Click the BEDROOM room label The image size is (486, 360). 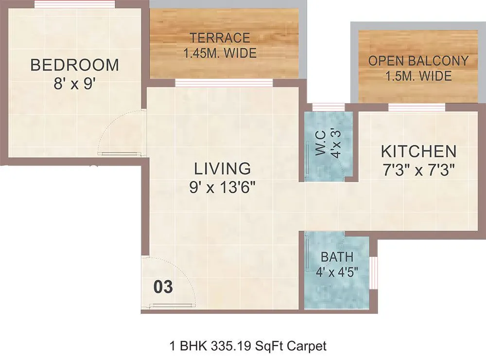[x=74, y=65]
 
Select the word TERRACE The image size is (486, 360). [x=220, y=37]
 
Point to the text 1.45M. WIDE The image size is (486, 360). [x=220, y=53]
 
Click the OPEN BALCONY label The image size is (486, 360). [x=418, y=61]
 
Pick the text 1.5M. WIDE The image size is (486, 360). [x=418, y=76]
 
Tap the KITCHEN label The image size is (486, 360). [x=418, y=151]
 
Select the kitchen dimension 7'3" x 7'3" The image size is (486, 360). [x=418, y=170]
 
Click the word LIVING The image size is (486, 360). [x=223, y=169]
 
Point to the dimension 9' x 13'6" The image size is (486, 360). [x=223, y=187]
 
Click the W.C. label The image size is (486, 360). [x=321, y=143]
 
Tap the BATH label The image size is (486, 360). [x=337, y=257]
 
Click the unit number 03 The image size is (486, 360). [x=163, y=287]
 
